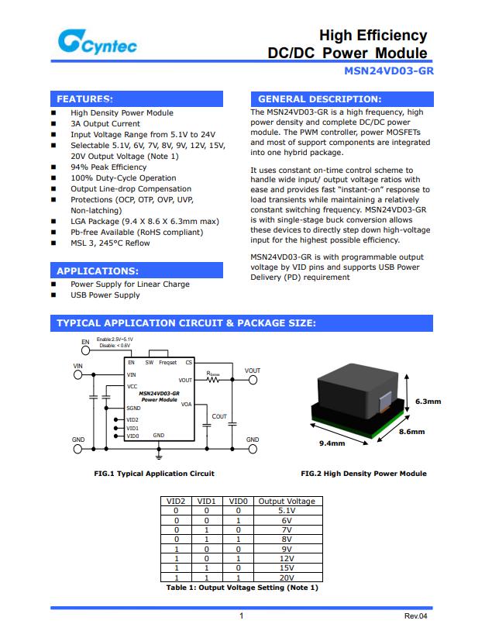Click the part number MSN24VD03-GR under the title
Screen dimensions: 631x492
point(388,71)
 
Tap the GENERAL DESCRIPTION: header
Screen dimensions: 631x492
point(319,99)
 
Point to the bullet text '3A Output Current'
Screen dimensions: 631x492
point(105,124)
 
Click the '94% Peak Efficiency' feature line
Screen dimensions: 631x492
point(108,167)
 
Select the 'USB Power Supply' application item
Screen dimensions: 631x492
point(105,295)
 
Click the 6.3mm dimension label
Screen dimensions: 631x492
point(428,402)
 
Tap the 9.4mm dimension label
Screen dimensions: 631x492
point(332,443)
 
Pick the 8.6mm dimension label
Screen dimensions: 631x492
point(411,432)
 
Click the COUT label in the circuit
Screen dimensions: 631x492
point(219,417)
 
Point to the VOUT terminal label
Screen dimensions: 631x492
point(252,371)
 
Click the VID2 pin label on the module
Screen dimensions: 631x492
point(132,419)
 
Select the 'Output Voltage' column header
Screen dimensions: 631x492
point(286,502)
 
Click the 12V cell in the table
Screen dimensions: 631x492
point(286,558)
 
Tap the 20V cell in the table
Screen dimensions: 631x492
point(286,578)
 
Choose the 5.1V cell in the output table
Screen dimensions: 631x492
point(286,512)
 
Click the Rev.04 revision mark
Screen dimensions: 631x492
point(415,616)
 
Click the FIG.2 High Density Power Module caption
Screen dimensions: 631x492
point(363,474)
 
